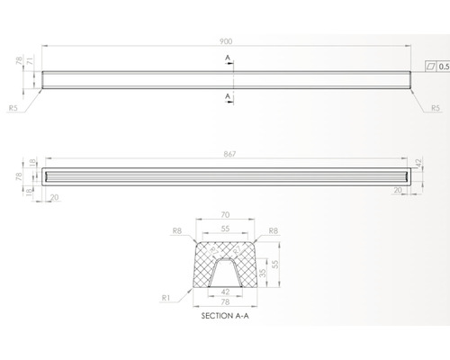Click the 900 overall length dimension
pyautogui.click(x=226, y=41)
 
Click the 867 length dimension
pyautogui.click(x=229, y=154)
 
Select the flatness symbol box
pyautogui.click(x=431, y=67)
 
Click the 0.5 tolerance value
pyautogui.click(x=444, y=67)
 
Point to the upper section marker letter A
pyautogui.click(x=228, y=58)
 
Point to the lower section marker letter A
pyautogui.click(x=228, y=96)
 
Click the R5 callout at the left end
pyautogui.click(x=13, y=108)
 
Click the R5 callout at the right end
pyautogui.click(x=436, y=108)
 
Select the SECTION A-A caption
pyautogui.click(x=225, y=316)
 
